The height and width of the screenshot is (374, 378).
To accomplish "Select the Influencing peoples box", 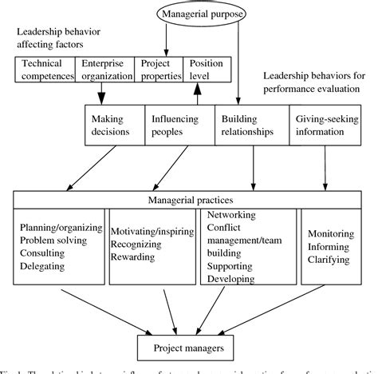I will [x=179, y=125].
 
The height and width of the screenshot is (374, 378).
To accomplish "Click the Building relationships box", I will [x=250, y=125].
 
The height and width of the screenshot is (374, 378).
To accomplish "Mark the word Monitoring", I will [x=329, y=233].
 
